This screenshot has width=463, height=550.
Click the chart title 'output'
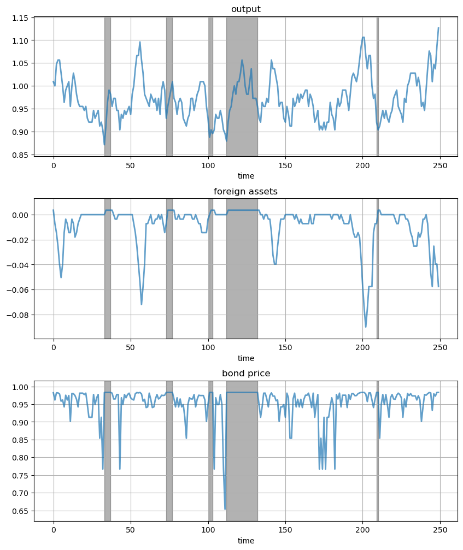[245, 9]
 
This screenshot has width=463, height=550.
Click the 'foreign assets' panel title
[245, 191]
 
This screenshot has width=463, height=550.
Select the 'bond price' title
[245, 374]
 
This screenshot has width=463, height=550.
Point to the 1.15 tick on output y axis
[21, 18]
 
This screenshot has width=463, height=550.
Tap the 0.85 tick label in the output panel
[21, 155]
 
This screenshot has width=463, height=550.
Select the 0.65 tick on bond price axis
[21, 511]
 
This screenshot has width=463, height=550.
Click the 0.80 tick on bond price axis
[21, 458]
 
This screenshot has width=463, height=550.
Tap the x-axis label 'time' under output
[245, 176]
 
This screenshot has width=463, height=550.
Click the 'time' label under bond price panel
[245, 541]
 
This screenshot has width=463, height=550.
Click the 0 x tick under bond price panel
[54, 530]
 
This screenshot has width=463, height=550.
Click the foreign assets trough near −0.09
[366, 327]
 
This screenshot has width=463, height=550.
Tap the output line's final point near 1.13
[438, 28]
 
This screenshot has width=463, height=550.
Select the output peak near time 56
[140, 42]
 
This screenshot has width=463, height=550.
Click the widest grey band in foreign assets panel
[242, 268]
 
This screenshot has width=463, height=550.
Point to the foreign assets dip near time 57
[142, 304]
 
